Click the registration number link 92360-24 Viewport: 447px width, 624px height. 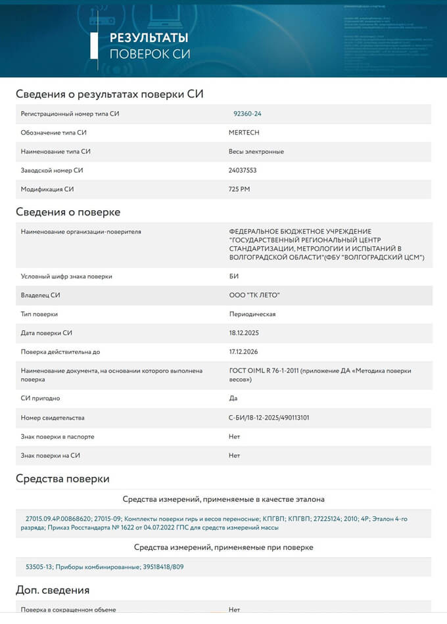coord(247,114)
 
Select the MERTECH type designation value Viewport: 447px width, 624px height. coord(244,133)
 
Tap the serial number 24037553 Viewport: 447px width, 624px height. coord(243,171)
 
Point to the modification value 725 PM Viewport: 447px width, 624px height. coord(239,189)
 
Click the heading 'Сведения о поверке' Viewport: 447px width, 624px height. coord(68,212)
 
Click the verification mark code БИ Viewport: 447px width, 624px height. coord(233,277)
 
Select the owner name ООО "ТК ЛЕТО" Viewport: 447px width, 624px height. coord(255,295)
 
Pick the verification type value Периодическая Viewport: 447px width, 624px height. coord(252,314)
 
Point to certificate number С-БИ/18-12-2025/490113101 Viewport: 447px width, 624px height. coord(269,418)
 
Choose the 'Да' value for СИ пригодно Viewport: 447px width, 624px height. coord(233,398)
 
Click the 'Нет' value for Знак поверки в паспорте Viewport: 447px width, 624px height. coord(234,436)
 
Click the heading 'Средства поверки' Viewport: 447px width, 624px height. coord(62,479)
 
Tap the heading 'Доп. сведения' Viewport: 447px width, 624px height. coord(53,590)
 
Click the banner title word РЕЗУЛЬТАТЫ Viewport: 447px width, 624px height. coord(149,37)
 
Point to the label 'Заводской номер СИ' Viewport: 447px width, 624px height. coord(52,171)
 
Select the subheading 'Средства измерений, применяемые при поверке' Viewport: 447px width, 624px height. coord(223,547)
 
